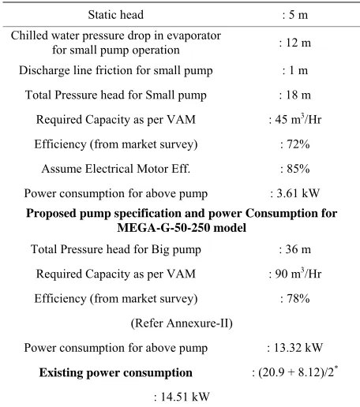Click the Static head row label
(116, 15)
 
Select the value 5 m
(298, 15)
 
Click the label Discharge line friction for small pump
(116, 70)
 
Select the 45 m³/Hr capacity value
(298, 119)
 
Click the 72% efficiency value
(298, 144)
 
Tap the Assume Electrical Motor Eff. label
(116, 169)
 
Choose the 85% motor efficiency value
(298, 169)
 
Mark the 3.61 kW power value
(298, 193)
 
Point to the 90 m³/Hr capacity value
(298, 274)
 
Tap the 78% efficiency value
(298, 298)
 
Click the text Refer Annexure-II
(182, 323)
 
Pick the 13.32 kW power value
(298, 348)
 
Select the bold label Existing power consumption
(116, 373)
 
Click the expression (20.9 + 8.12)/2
(296, 372)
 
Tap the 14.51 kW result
(185, 397)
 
